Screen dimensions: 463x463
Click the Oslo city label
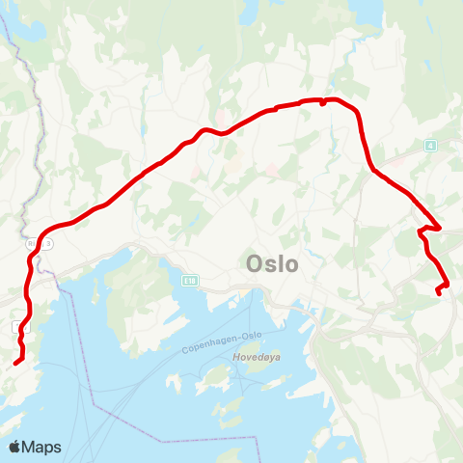tap(272, 262)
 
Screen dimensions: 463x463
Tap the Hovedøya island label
tap(255, 356)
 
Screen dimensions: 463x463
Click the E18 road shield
tap(189, 279)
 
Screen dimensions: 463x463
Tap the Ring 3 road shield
tap(46, 244)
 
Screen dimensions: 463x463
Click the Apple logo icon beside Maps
tap(15, 447)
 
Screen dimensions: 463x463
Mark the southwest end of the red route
tap(16, 362)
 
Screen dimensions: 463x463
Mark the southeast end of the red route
tap(438, 291)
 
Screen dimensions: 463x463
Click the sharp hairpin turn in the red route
tap(422, 231)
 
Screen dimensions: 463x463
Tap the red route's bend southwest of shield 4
tap(374, 172)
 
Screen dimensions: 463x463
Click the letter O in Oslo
tap(256, 262)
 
